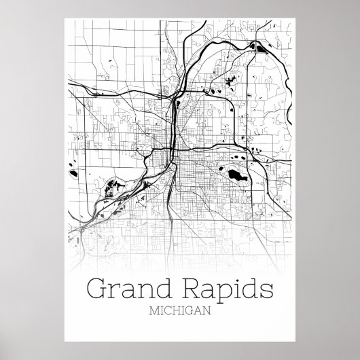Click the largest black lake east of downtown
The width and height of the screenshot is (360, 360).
click(x=236, y=177)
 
